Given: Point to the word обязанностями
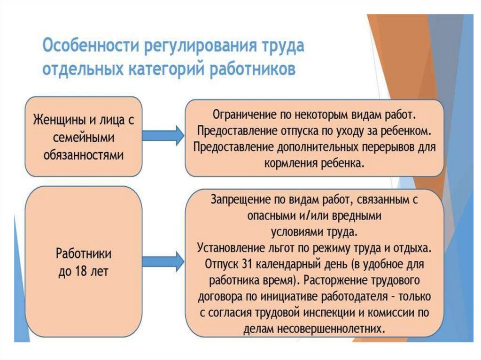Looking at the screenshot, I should [x=84, y=156].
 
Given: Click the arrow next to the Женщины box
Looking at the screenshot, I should [x=163, y=136].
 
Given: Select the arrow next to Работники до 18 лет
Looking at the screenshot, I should [x=163, y=260].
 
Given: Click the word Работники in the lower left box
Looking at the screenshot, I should [x=84, y=254].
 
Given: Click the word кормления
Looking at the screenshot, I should [x=292, y=163].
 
